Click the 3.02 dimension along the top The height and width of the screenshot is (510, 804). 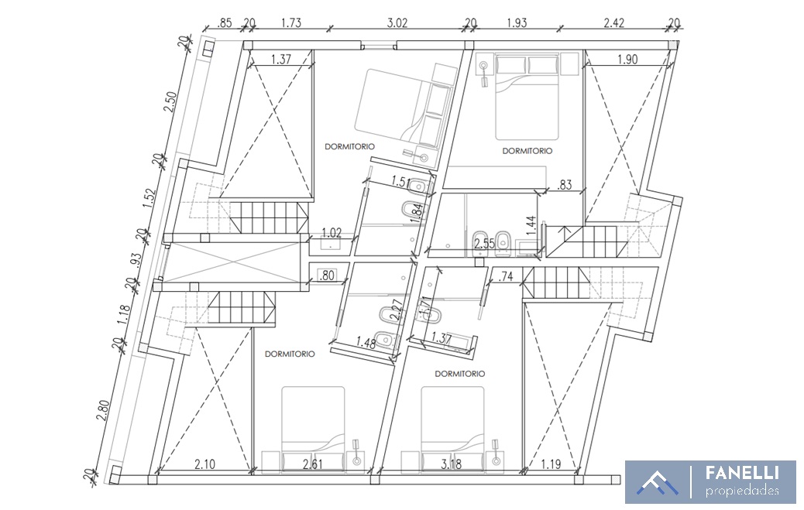point(397,23)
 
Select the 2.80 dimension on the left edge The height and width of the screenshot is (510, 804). point(103,410)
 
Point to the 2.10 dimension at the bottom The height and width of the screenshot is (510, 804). point(204,464)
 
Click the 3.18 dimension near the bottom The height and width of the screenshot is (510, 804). point(452,464)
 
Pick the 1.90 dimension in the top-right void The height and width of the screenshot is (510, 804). point(627,60)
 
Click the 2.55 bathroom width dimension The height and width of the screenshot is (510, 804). point(485,244)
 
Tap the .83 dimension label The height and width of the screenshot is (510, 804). point(565,184)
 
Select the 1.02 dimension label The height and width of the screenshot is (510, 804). point(332,233)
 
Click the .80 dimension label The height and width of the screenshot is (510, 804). point(327,276)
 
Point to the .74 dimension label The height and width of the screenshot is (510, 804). point(506,277)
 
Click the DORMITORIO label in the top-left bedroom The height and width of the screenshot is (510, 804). point(349,146)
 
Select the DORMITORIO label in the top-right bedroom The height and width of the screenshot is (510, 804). point(527,151)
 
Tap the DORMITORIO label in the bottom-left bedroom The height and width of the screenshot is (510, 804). point(290,354)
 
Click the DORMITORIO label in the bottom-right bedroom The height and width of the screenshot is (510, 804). point(460,374)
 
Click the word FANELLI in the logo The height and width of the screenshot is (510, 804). point(743,473)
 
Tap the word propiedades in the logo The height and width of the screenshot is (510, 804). point(743,491)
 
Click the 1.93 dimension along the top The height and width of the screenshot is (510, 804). point(517,23)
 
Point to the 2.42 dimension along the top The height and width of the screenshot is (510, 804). point(613,23)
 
